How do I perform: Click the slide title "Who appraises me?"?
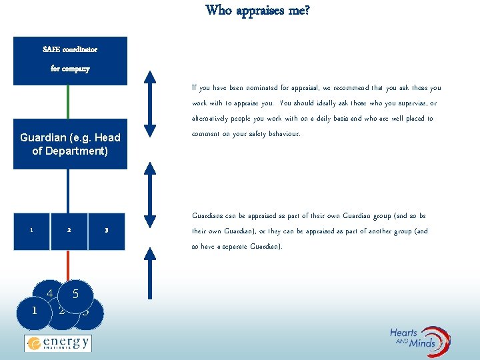(x=257, y=10)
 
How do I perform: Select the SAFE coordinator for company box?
(x=70, y=60)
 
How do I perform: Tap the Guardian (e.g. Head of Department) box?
(x=70, y=144)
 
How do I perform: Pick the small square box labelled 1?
(x=31, y=231)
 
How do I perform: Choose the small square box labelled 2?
(x=69, y=231)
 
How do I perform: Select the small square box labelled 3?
(x=107, y=231)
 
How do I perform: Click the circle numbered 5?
(x=75, y=294)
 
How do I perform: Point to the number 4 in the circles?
(x=50, y=293)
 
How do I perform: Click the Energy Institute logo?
(x=57, y=343)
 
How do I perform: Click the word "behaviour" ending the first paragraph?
(x=284, y=134)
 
